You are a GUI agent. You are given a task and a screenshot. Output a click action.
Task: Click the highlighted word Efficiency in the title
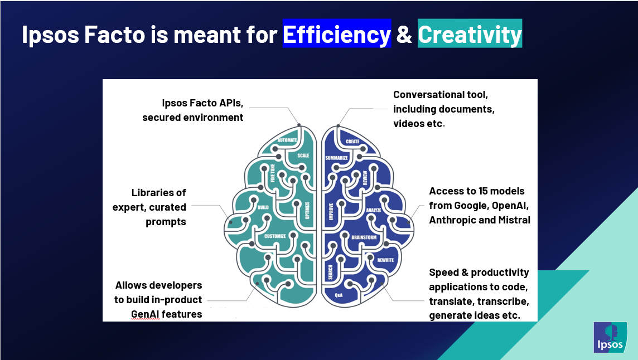[x=337, y=34]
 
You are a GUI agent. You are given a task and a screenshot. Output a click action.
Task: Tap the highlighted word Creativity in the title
[x=470, y=34]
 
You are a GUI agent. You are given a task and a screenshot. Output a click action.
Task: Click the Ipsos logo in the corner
[x=610, y=337]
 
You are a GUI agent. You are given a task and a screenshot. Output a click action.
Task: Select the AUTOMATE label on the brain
[x=287, y=140]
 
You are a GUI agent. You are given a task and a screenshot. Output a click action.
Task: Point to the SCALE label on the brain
[x=303, y=155]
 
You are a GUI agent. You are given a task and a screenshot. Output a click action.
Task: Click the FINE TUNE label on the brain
[x=273, y=173]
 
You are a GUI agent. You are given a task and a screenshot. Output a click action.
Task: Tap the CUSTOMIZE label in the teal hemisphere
[x=275, y=236]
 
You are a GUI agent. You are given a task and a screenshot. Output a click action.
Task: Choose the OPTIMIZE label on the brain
[x=307, y=210]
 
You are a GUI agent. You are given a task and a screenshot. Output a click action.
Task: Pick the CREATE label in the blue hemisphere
[x=352, y=142]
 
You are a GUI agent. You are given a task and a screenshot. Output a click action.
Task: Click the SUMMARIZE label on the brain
[x=336, y=158]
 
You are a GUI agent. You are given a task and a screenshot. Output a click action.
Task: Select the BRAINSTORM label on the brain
[x=364, y=237]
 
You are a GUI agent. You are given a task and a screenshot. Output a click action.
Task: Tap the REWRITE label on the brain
[x=385, y=260]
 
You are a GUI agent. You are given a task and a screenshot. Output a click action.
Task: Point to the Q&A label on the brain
[x=339, y=295]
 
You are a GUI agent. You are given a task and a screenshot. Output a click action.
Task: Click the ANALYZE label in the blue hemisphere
[x=374, y=210]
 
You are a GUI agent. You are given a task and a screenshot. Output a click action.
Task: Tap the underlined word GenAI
[x=145, y=314]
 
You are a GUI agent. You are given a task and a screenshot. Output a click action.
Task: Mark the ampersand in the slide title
[x=404, y=34]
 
